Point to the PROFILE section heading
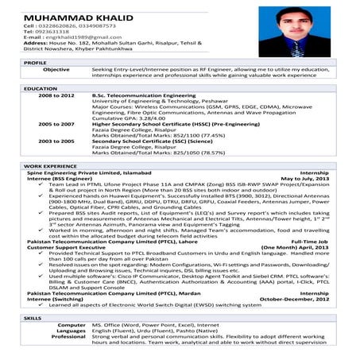(x=35, y=62)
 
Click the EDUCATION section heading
(x=40, y=88)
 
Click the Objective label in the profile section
(x=56, y=70)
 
